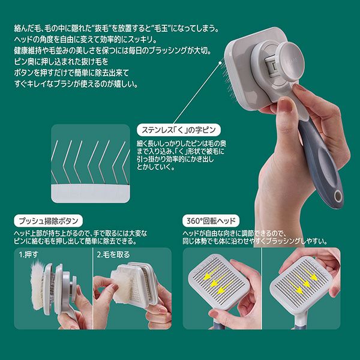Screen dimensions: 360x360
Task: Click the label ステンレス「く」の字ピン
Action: point(178,130)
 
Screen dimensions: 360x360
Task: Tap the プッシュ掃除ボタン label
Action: point(48,221)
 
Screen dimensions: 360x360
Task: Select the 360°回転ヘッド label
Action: point(211,221)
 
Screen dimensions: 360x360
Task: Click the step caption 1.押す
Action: point(28,254)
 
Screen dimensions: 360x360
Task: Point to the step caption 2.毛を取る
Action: point(113,254)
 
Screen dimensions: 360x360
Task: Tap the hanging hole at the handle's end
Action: point(338,196)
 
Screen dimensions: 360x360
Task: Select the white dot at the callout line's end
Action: point(220,62)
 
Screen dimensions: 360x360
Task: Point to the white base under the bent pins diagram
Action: point(91,193)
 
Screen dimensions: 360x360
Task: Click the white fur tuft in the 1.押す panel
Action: point(37,284)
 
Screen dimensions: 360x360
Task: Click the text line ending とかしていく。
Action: point(156,167)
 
